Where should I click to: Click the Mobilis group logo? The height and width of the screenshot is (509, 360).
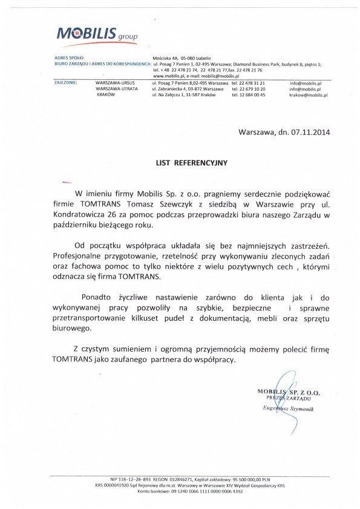click(x=96, y=34)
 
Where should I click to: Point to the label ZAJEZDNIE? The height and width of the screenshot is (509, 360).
click(x=65, y=82)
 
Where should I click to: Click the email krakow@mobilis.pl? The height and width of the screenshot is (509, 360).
click(x=308, y=95)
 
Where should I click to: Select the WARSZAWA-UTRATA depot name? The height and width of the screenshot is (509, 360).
click(x=117, y=88)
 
